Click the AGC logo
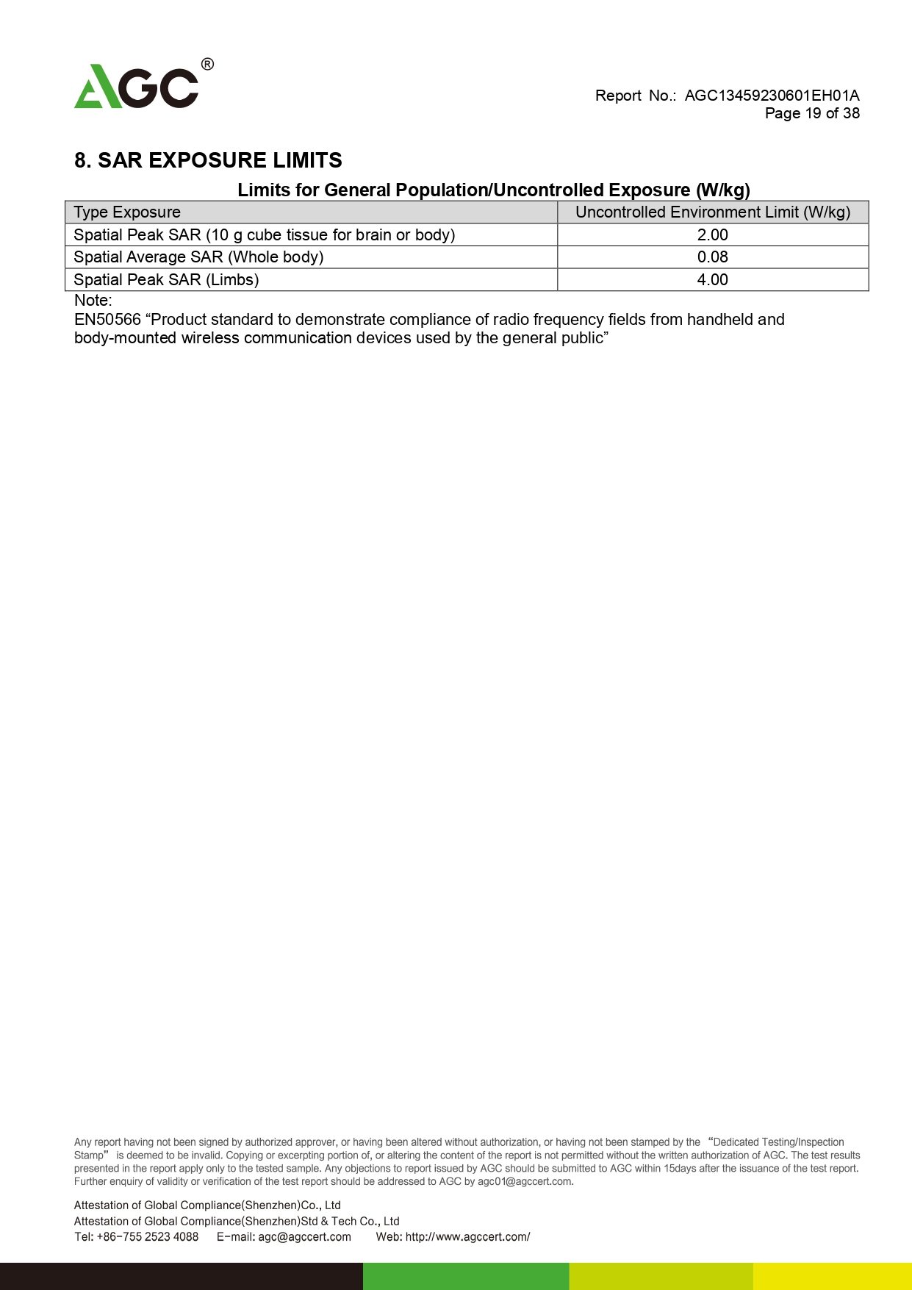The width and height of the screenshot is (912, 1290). coord(137,87)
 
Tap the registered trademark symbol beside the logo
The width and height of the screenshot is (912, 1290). coord(207,65)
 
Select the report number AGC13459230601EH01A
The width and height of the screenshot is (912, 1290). coord(772,96)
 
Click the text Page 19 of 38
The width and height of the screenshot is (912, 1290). coord(812,113)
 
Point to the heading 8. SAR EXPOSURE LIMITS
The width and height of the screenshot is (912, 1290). coord(208,160)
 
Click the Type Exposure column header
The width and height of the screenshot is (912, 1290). coord(127,212)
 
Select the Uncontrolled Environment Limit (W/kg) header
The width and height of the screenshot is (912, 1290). coord(712,212)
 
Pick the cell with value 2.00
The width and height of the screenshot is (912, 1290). coord(712,235)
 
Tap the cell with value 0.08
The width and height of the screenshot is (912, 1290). coord(712,257)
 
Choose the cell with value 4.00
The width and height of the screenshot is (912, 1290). coord(712,280)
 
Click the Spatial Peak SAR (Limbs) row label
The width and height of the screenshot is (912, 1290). coord(166,280)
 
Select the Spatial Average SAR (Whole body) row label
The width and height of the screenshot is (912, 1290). coord(198,257)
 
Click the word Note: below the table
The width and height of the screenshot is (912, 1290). coord(93,301)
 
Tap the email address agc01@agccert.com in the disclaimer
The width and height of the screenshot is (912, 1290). coord(525,1181)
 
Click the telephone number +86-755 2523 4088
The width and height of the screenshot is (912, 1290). coord(147,1236)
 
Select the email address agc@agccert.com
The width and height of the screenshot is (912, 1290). coord(304,1236)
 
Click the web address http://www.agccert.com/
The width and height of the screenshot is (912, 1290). coord(467,1236)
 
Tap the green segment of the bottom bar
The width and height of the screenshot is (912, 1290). coord(466,1276)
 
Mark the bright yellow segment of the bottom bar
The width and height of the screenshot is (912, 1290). coord(832,1276)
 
